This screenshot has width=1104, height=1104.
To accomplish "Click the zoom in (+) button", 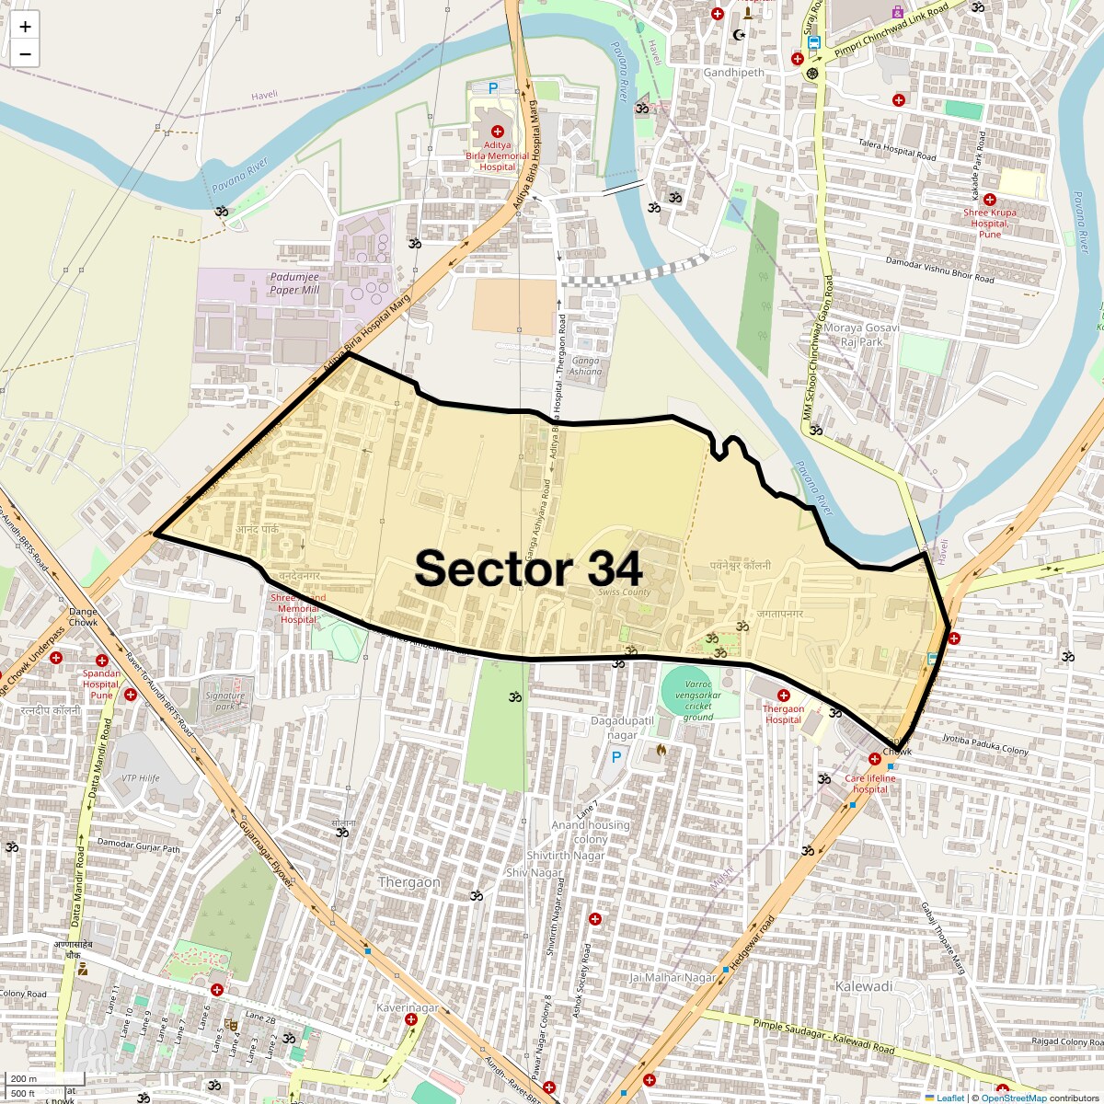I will point(25,27).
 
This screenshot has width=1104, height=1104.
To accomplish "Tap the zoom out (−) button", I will point(25,54).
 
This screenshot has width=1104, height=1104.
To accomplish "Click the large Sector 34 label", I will point(528,569).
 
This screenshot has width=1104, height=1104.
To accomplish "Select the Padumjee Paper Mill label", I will point(294,283).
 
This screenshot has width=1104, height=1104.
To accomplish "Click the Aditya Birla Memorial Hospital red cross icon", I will point(498,132).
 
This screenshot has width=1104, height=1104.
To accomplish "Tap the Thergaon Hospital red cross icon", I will point(783,696).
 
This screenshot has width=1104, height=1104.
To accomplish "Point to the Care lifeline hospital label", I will point(870,784).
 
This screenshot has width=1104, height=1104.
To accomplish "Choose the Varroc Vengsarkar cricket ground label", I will point(698,701).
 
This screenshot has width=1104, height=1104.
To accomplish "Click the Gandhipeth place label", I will point(733,73).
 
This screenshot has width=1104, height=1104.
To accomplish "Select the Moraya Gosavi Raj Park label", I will point(861,334).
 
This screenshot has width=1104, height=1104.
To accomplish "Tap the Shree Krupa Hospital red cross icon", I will point(990,200).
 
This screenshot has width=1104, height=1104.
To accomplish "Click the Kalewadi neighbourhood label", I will point(864,986).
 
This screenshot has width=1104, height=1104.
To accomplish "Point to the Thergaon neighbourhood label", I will point(409,882).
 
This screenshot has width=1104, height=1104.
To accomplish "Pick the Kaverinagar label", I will point(408,1008).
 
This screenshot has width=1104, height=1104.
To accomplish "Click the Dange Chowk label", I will point(83,616).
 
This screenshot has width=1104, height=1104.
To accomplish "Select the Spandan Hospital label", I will point(101,684).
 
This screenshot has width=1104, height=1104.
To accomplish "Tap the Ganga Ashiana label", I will point(585,366).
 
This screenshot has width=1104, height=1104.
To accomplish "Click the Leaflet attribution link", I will point(950,1098).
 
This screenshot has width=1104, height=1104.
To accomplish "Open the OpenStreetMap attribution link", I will point(1014,1098).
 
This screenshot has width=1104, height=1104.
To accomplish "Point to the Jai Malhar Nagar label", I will point(673,977).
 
